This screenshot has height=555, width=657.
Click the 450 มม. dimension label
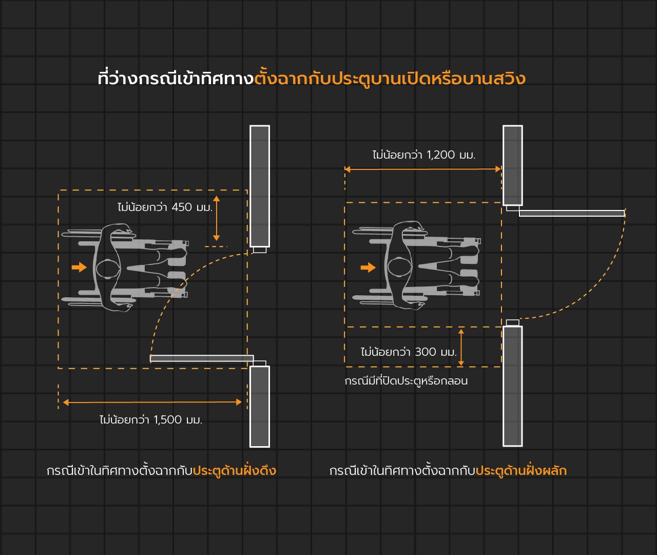pos(165,207)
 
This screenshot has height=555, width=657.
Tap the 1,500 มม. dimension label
pos(151,419)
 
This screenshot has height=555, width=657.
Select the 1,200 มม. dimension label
pos(424,155)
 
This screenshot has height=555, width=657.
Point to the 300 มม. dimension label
pos(409,352)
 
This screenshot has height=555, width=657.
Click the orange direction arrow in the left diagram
pos(79,267)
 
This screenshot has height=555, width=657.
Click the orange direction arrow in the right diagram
pos(368,267)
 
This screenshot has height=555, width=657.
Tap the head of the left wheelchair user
pos(108,269)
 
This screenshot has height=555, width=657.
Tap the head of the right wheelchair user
pos(400,266)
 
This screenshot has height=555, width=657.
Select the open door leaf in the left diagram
pos(202,358)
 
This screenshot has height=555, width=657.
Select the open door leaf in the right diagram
pos(572,213)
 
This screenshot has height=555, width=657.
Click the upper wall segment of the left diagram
pos(260,186)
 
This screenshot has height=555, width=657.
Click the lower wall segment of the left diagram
pos(260,407)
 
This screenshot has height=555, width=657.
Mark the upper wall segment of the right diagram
pos(513,166)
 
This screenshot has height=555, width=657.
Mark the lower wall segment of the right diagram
pos(513,386)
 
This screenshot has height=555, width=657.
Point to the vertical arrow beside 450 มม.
pos(217,218)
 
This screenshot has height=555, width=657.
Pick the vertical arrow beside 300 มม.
pos(461,347)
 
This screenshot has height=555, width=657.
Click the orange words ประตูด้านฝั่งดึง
pos(235,471)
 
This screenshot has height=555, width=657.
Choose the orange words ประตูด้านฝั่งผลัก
pos(521,471)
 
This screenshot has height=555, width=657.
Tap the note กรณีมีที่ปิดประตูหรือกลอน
pos(406,381)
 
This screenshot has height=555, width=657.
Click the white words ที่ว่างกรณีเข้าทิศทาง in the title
pos(176,79)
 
